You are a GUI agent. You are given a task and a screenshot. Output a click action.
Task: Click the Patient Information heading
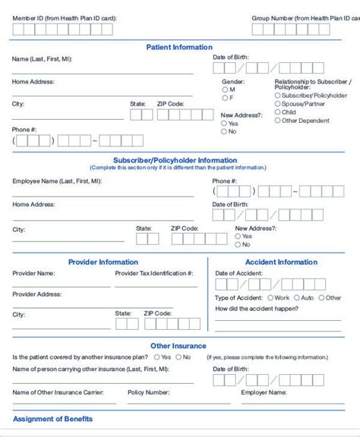pyautogui.click(x=179, y=47)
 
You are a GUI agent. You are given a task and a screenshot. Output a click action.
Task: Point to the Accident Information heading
pyautogui.click(x=281, y=263)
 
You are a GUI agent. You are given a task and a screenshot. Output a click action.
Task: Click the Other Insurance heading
pyautogui.click(x=178, y=346)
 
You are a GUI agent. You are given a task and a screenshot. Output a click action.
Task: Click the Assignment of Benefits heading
pyautogui.click(x=53, y=419)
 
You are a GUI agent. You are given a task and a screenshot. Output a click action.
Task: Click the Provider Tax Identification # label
pyautogui.click(x=154, y=273)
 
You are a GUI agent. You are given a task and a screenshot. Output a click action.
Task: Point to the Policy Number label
pyautogui.click(x=148, y=393)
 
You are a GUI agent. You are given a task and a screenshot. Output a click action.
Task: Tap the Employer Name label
pyautogui.click(x=264, y=393)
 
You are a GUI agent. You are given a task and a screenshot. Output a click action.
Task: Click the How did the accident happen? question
pyautogui.click(x=257, y=309)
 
